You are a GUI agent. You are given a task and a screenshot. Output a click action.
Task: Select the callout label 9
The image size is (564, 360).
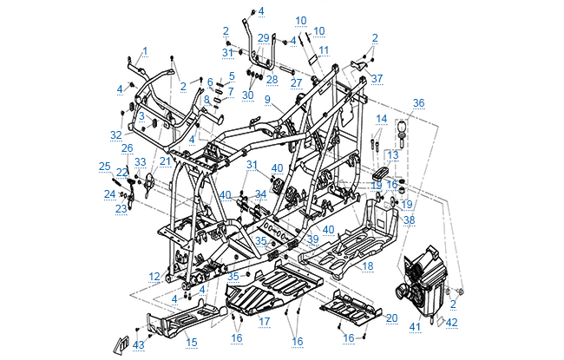click(268, 101)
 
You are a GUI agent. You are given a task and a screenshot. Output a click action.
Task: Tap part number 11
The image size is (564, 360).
click(324, 51)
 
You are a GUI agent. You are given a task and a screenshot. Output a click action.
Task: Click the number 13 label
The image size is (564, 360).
click(393, 154)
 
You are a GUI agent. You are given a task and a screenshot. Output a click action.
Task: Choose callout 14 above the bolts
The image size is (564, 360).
click(381, 118)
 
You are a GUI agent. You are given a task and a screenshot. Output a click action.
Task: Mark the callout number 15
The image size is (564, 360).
click(192, 343)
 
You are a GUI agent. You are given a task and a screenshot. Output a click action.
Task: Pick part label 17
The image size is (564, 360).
click(265, 322)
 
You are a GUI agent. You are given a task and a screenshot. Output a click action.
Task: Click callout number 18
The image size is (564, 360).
click(368, 265)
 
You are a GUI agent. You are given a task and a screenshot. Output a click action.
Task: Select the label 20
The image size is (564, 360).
click(391, 318)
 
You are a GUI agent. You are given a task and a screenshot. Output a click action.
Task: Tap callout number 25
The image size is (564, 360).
click(104, 166)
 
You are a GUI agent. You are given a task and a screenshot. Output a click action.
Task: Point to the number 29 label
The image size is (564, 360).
click(264, 38)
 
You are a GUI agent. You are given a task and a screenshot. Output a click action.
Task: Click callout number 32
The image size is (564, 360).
click(116, 134)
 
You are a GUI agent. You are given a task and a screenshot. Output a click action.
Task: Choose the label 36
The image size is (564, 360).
click(419, 102)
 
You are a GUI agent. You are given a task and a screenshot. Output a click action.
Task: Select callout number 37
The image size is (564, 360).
click(377, 78)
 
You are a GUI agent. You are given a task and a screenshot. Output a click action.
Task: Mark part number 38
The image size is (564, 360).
click(409, 220)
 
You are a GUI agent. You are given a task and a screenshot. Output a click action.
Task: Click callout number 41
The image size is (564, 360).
click(415, 326)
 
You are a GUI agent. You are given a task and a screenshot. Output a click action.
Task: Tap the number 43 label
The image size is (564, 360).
click(139, 345)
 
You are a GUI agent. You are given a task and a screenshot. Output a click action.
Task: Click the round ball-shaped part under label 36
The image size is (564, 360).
click(403, 130)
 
